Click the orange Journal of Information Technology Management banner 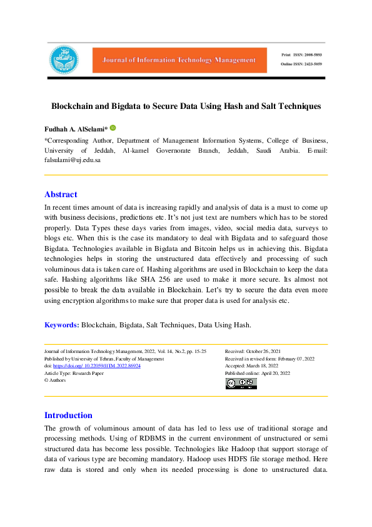[x=175, y=60]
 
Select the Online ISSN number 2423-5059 [x=310, y=65]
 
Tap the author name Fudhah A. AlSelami [x=76, y=129]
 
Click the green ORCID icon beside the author [x=113, y=128]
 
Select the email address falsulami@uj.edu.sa [x=72, y=160]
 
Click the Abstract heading [x=61, y=195]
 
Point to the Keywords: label [x=61, y=325]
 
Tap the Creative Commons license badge [x=241, y=383]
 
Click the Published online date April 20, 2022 [x=276, y=373]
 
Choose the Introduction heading [x=68, y=415]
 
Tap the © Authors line [x=55, y=380]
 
